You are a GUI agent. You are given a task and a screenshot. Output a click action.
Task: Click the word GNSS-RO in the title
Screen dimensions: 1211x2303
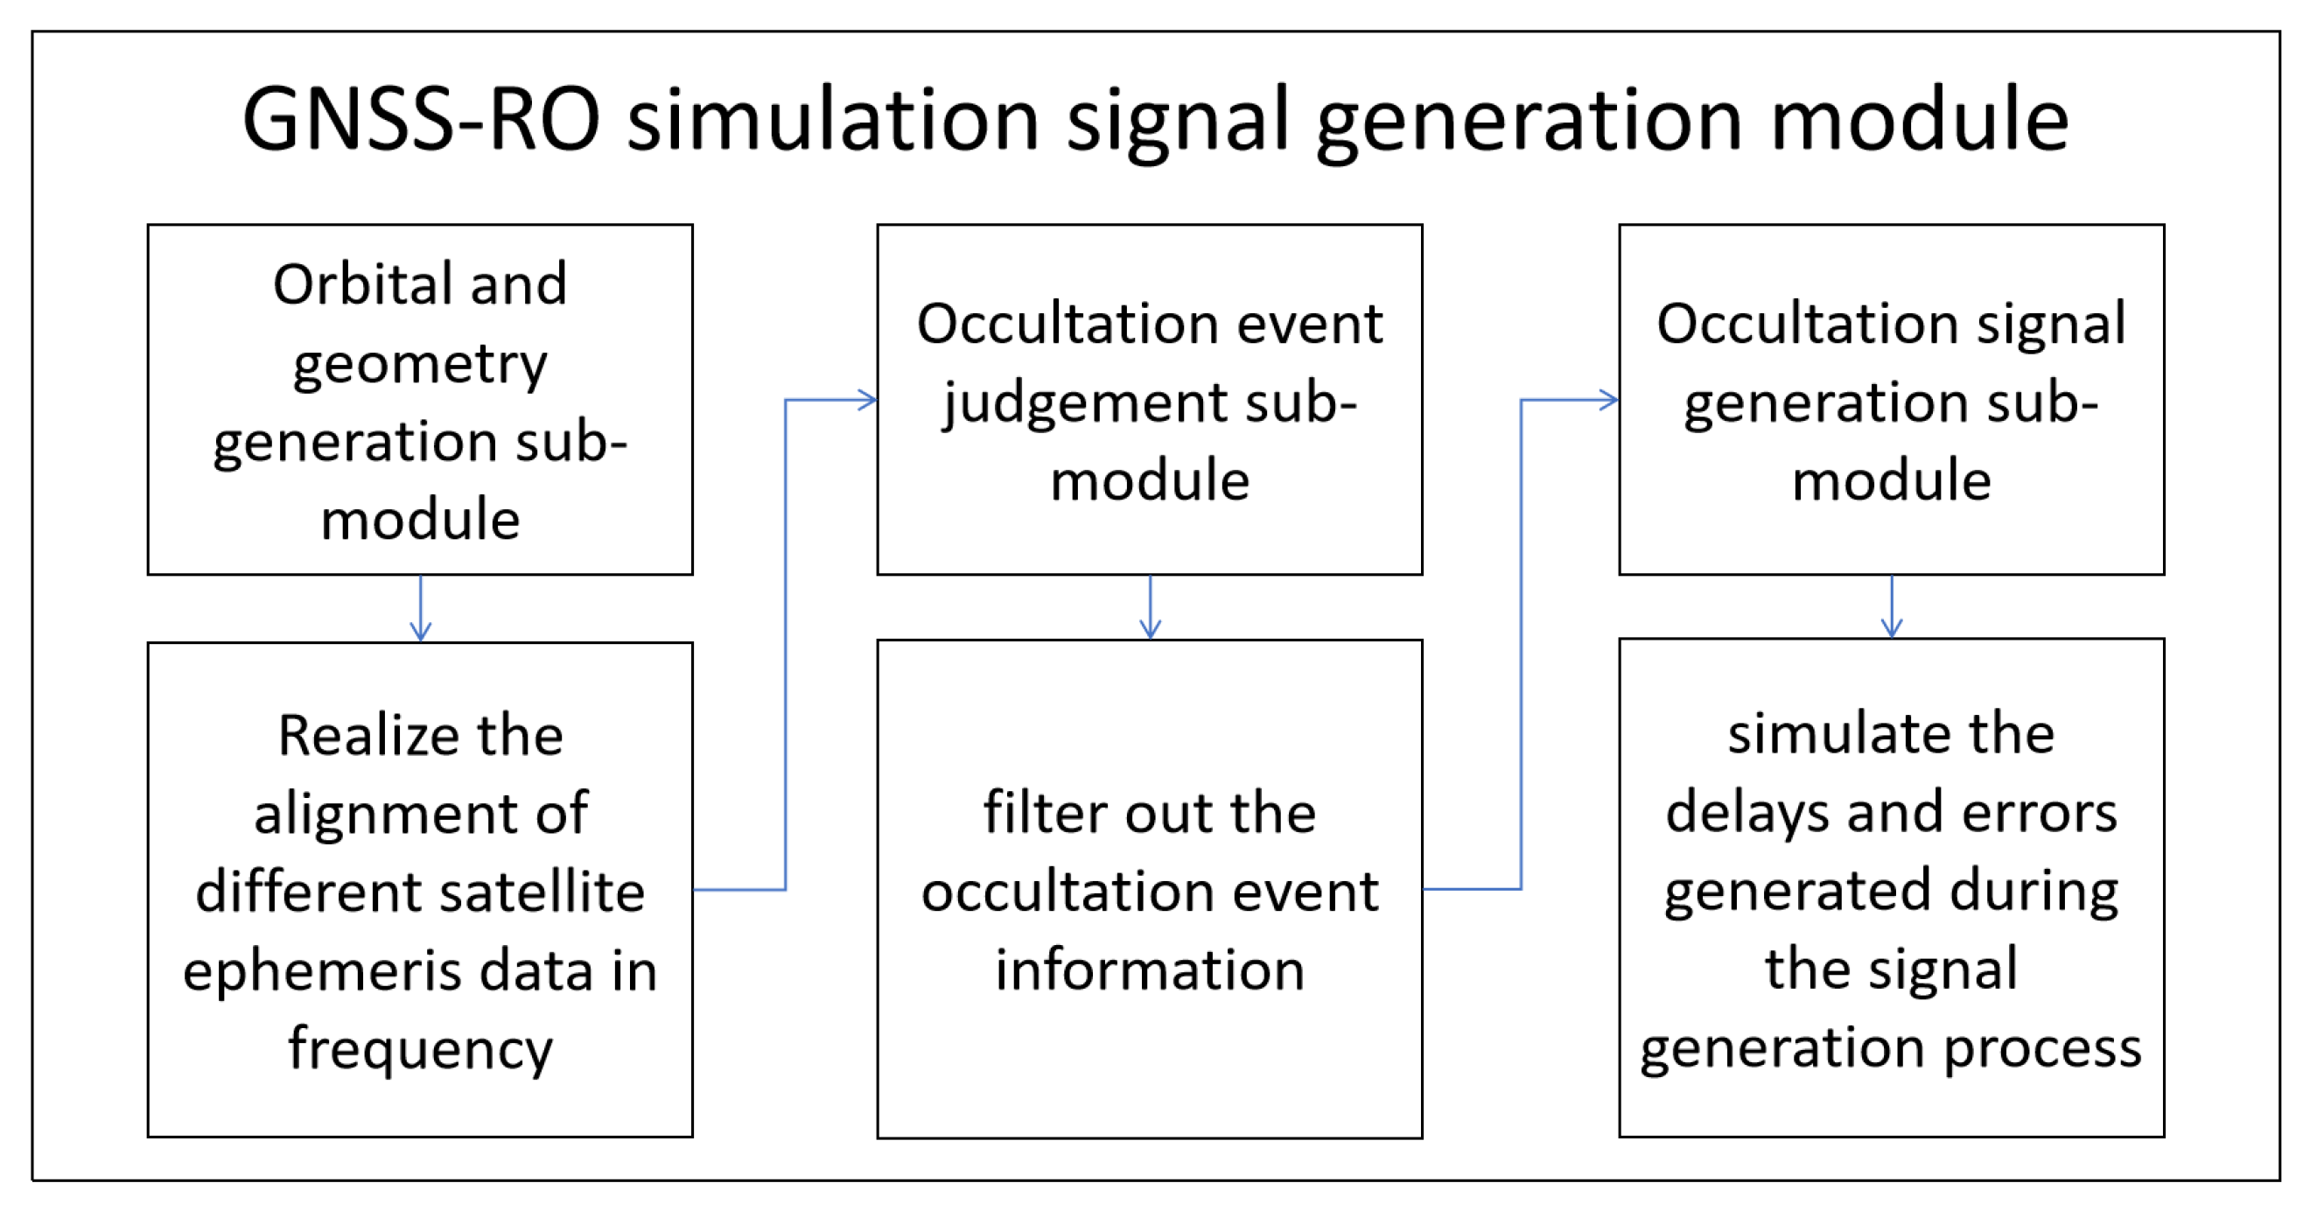pos(420,121)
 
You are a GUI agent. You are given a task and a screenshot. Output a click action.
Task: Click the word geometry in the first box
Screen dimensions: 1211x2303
pos(420,365)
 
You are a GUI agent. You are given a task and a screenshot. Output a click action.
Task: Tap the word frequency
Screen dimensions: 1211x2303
pos(420,1049)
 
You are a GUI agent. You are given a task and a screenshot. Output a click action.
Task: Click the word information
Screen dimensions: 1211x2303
pos(1150,970)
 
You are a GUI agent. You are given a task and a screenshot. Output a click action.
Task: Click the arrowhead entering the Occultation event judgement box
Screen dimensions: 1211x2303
pos(867,400)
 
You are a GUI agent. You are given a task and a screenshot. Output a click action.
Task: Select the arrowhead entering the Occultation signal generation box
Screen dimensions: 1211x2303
pos(1608,400)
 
